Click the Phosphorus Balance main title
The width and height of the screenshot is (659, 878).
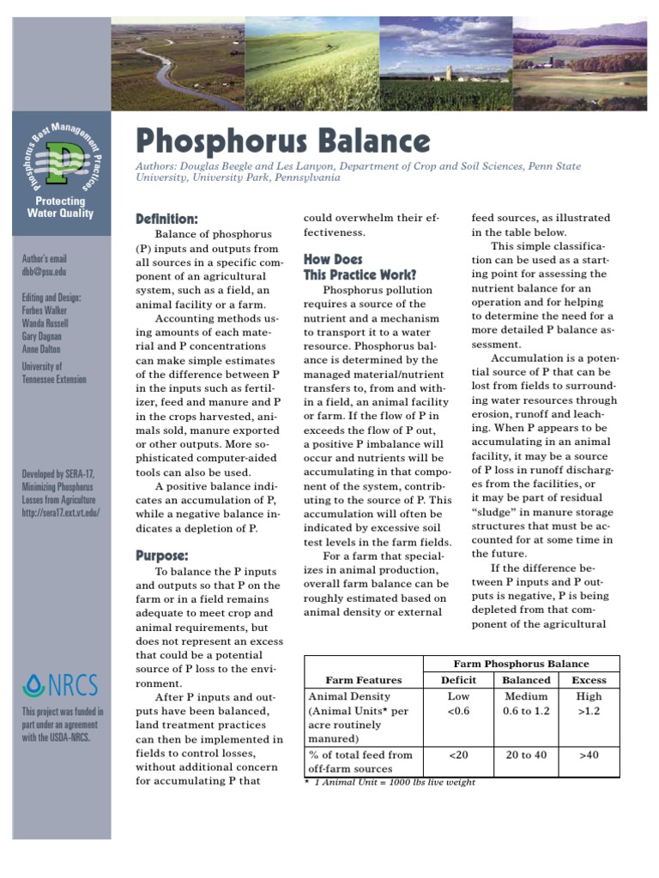pos(283,141)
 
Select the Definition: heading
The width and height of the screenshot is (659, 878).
pos(167,219)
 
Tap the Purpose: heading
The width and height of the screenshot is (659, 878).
pos(162,556)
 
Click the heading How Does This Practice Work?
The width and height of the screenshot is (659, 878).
pos(360,267)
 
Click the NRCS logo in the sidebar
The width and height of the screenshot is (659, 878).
pos(61,685)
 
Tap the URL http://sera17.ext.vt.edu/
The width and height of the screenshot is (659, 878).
pos(61,512)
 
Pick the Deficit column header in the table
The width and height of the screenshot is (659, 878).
pos(458,680)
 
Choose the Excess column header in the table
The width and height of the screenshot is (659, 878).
pos(589,680)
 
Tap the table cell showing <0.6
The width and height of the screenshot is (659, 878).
pos(458,711)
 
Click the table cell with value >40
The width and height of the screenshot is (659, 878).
pos(589,755)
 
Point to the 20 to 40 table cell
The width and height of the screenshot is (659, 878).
pos(527,755)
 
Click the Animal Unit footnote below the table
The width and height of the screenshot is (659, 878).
pos(390,782)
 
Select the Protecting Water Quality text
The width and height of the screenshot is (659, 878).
pos(60,207)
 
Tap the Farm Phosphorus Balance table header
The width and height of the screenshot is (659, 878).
pos(521,664)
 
